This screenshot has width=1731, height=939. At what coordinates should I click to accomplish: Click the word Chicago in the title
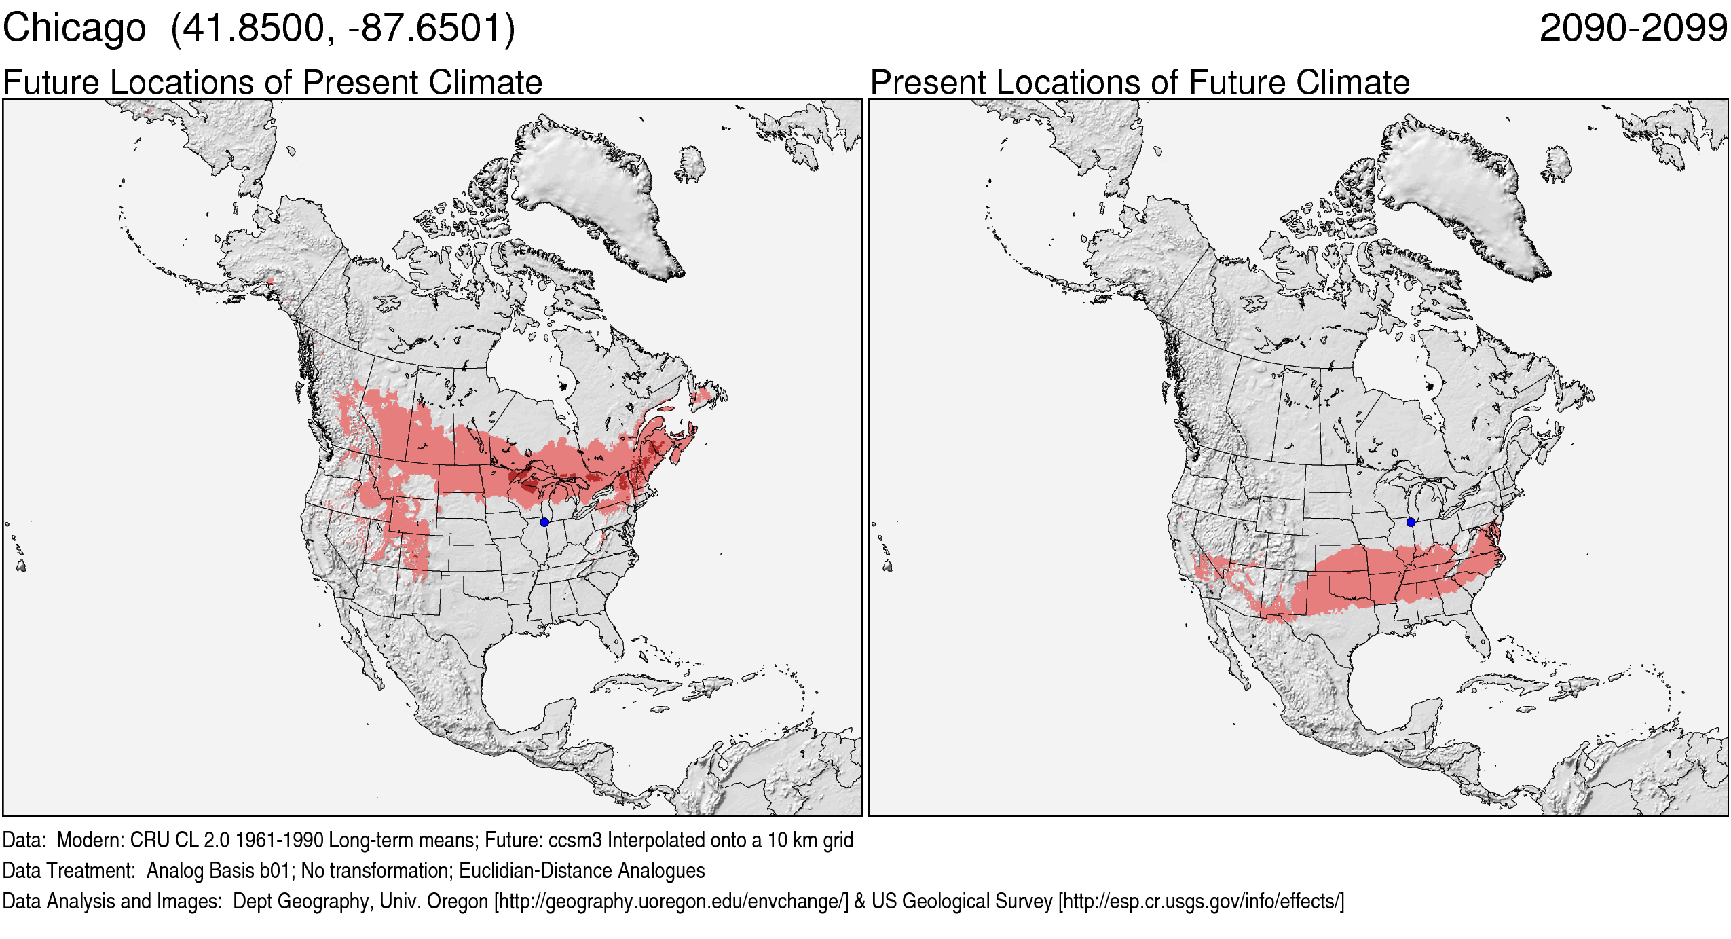pos(74,29)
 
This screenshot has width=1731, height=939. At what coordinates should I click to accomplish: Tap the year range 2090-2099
pos(1633,29)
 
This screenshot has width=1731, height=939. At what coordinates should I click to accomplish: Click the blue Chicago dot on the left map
pos(544,522)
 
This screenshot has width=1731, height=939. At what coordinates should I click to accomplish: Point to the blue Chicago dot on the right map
pos(1411,522)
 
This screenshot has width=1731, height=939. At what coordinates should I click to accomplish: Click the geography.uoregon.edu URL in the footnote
pos(671,902)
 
